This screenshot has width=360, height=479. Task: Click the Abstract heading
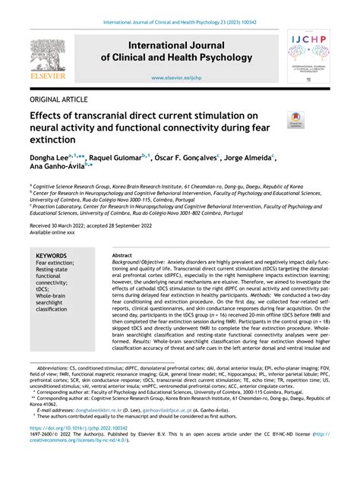point(122,256)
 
